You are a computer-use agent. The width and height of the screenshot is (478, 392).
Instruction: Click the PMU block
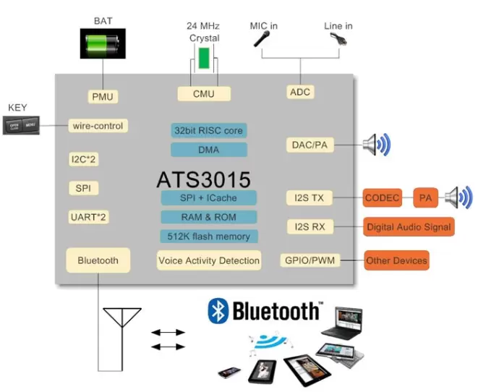103,97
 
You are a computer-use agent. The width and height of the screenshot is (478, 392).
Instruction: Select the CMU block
204,94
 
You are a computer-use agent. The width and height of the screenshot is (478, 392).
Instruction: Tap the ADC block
299,92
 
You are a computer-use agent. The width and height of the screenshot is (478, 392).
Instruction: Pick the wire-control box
98,126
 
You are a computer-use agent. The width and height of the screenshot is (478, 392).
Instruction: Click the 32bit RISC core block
208,131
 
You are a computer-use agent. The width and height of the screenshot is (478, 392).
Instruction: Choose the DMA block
208,150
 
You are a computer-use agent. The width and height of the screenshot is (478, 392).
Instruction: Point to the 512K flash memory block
208,237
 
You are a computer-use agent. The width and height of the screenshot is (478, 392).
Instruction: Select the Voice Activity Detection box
208,260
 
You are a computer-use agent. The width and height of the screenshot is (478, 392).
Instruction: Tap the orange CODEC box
382,197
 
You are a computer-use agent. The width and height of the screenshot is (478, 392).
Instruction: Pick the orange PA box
425,197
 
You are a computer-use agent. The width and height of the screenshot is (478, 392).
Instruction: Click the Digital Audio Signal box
409,226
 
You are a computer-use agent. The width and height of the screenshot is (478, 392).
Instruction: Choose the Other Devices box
396,260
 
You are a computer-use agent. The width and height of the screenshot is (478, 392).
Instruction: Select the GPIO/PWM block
310,260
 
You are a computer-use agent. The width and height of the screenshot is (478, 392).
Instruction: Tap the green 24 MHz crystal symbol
205,59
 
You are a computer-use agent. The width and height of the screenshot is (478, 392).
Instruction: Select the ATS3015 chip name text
204,179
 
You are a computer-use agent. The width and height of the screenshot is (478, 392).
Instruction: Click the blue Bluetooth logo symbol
218,311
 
